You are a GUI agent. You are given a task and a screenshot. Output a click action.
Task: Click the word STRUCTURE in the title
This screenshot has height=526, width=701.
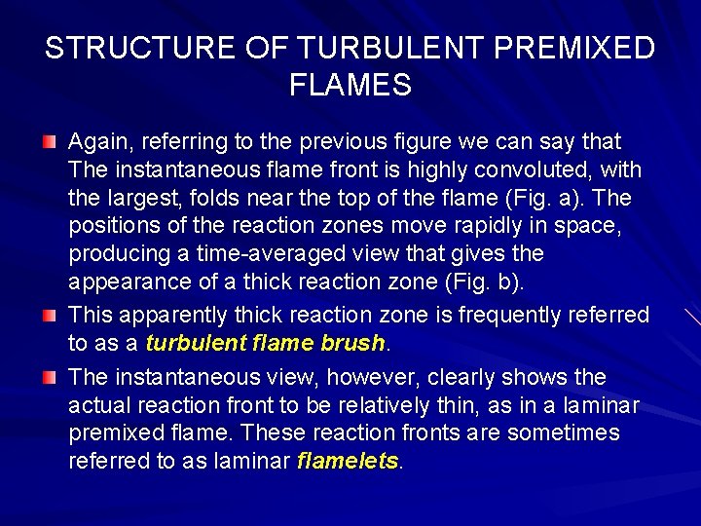(124, 49)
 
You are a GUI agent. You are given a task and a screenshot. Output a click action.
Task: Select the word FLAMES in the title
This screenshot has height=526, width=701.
(350, 86)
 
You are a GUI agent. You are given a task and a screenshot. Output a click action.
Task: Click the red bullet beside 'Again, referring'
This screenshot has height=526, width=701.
(50, 143)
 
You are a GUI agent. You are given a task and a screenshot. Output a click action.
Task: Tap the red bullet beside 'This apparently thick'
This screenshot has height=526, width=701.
(50, 315)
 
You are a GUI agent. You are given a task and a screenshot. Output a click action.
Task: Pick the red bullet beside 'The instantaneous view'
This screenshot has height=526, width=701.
(50, 377)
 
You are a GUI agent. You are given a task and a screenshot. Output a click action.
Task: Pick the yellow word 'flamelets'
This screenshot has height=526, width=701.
(348, 461)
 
